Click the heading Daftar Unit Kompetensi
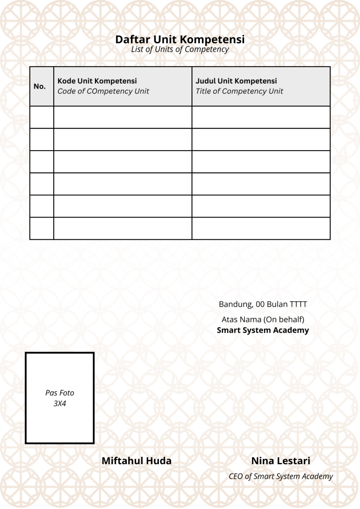click(x=180, y=39)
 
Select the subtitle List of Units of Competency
click(x=180, y=50)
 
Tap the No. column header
click(x=40, y=86)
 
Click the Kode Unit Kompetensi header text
click(x=97, y=81)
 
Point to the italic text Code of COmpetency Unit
click(x=103, y=91)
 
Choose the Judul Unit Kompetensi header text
click(x=236, y=81)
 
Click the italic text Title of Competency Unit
click(x=239, y=91)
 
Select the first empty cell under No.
click(x=42, y=117)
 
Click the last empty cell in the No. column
click(x=42, y=229)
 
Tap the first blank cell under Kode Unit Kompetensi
click(x=123, y=117)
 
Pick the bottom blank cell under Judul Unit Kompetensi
click(x=261, y=229)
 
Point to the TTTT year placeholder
click(x=298, y=304)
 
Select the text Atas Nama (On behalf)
click(x=263, y=319)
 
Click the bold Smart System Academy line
click(x=263, y=330)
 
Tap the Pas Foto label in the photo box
click(x=60, y=393)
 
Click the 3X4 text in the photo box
click(x=60, y=404)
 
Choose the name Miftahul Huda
click(x=136, y=461)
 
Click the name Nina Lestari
click(x=280, y=461)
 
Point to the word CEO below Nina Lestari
click(x=236, y=477)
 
